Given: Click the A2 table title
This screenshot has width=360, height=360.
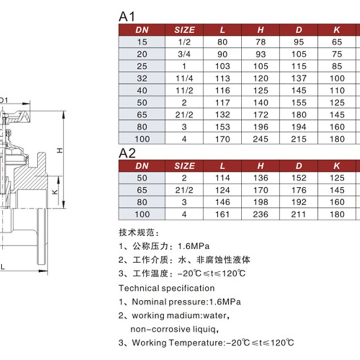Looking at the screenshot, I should pos(127,153).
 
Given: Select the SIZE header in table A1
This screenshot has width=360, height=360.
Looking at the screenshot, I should pos(184,30).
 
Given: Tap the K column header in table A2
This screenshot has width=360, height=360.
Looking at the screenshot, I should pos(337,166).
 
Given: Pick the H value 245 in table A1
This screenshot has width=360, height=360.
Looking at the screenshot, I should pos(261,139).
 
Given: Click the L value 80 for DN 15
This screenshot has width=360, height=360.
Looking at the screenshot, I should pos(222,42).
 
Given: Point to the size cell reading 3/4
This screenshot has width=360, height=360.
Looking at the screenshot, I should pos(184,54).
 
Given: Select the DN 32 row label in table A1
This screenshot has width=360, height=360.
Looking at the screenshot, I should pos(142,78).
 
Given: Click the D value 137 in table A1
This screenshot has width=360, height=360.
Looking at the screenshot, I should pos(299,78).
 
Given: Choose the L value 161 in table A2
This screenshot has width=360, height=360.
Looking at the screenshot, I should pos(222,214).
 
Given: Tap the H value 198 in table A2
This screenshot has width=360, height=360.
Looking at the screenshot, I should pos(261,202).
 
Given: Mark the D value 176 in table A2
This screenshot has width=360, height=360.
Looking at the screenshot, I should pos(299,190).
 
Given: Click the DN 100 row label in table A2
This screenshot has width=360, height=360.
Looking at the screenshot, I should pos(142,214).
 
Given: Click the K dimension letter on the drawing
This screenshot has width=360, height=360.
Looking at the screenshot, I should pos(54,192).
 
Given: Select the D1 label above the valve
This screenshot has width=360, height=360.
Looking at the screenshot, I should pos(3,100).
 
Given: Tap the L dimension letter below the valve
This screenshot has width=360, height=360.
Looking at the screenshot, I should pos(3,266).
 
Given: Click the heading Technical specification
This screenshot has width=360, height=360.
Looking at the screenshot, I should pos(166,288).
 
